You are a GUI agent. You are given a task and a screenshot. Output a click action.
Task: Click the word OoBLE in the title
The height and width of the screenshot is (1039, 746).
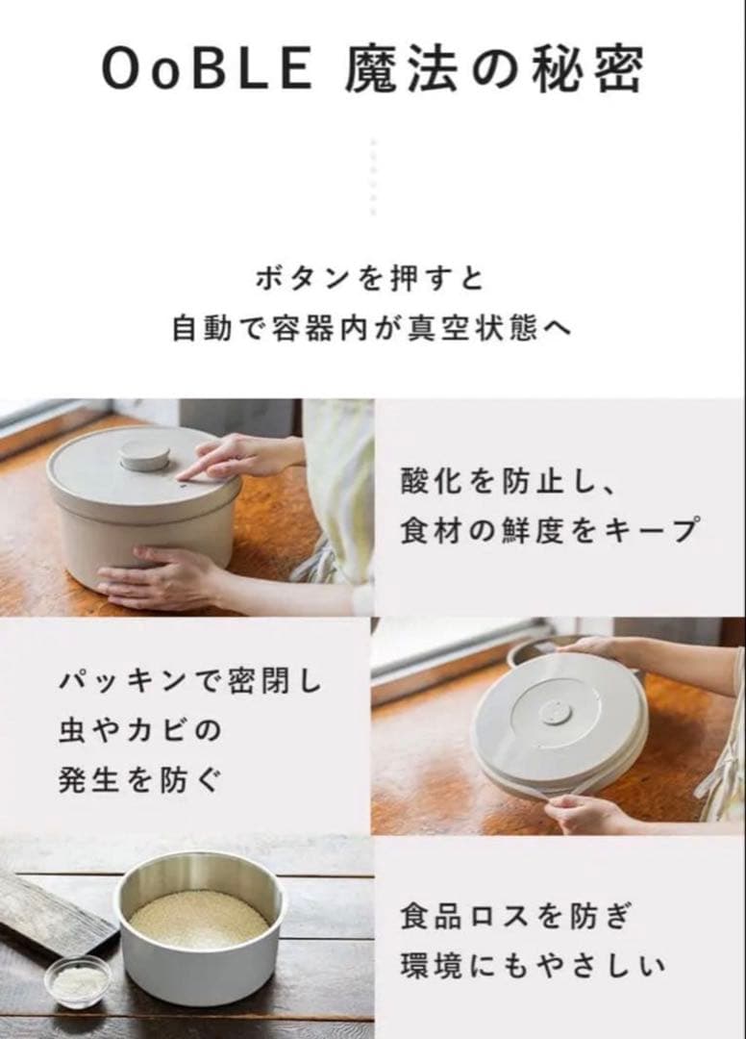205,69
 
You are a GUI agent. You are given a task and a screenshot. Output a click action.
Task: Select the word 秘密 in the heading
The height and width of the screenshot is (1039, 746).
590,69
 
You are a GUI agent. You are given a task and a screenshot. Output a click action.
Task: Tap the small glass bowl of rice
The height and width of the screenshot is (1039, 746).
78,981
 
